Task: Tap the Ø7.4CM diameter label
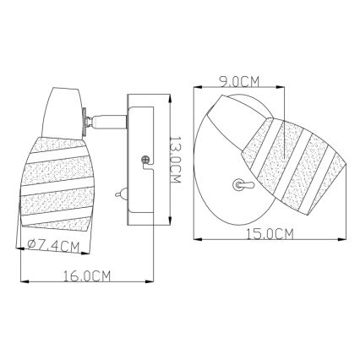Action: pyautogui.click(x=48, y=247)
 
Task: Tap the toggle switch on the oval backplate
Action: pyautogui.click(x=239, y=183)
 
